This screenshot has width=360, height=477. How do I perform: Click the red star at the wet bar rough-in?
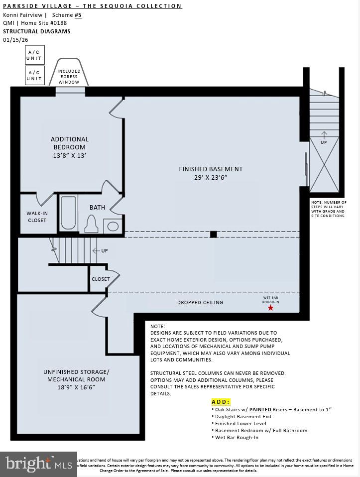(x=270, y=308)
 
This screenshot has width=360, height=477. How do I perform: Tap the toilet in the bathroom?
(x=91, y=225)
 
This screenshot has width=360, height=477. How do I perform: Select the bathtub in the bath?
(x=68, y=213)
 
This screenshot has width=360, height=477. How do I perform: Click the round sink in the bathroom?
(x=114, y=227)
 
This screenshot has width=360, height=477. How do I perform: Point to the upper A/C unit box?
(x=34, y=55)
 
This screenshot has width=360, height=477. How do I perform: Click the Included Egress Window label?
(x=69, y=77)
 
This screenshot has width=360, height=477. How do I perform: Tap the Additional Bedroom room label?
(x=70, y=143)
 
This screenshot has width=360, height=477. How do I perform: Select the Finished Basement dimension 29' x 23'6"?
(x=211, y=177)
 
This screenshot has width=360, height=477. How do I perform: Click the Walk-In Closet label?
(x=37, y=217)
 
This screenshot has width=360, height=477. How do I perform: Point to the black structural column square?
(x=213, y=234)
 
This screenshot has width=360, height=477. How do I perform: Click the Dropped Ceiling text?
(x=200, y=302)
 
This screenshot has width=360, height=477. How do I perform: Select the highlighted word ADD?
(x=221, y=401)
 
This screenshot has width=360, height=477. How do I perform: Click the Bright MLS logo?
(x=37, y=464)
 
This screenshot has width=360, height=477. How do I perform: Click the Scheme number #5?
(x=78, y=15)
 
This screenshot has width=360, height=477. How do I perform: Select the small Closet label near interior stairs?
(x=101, y=279)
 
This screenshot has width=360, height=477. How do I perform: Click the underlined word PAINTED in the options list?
(x=260, y=409)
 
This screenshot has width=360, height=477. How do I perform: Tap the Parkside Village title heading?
(x=92, y=6)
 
